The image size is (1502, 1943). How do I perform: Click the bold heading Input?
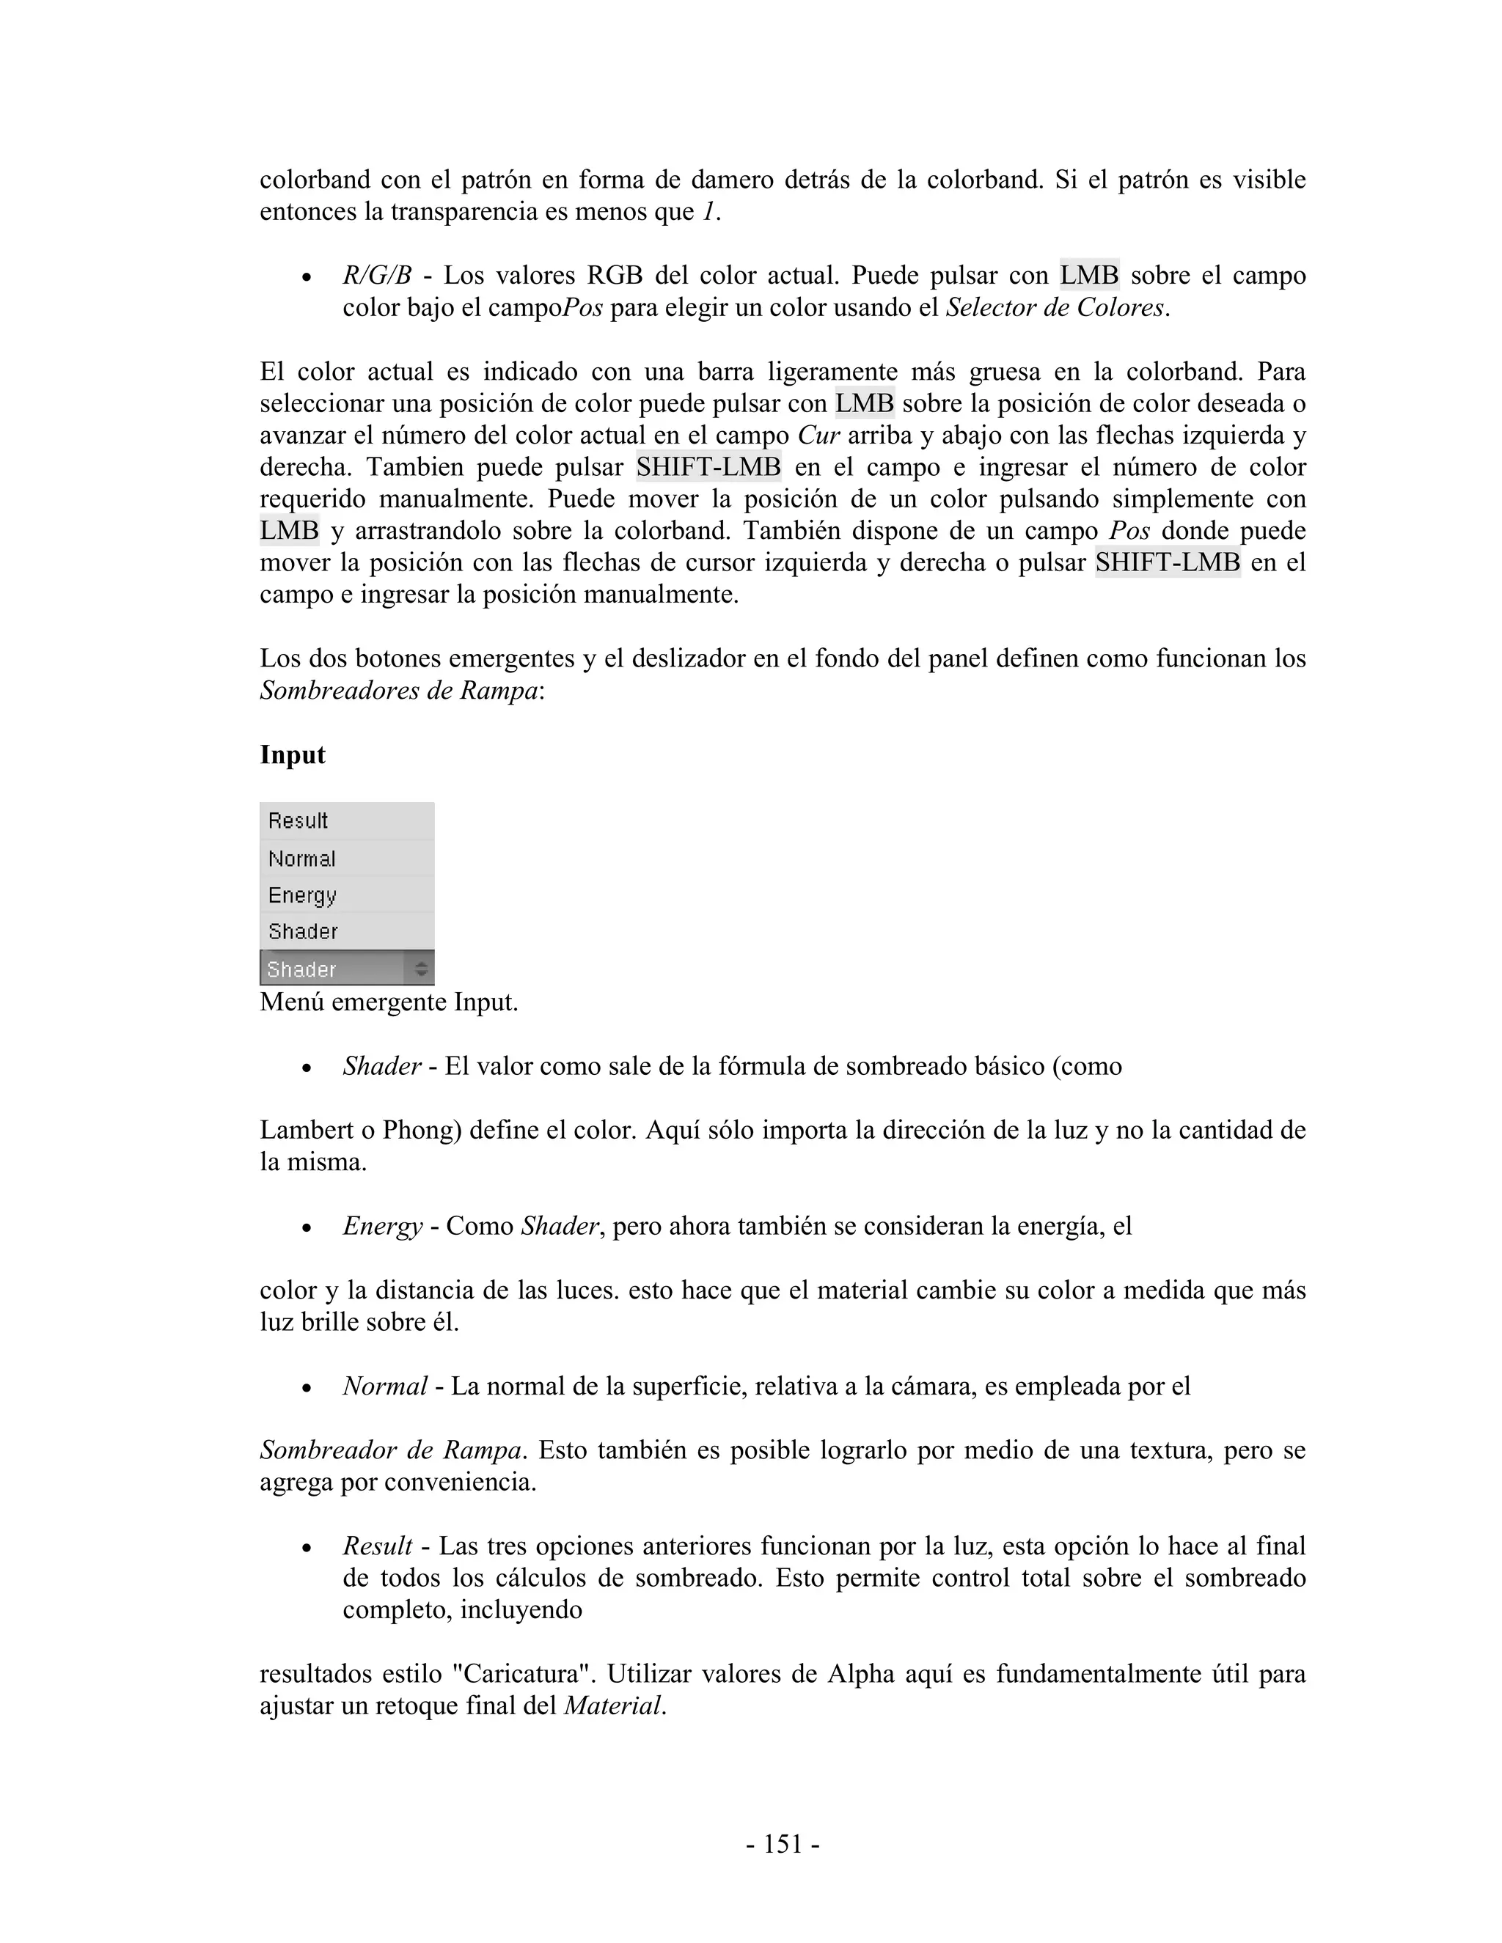292,755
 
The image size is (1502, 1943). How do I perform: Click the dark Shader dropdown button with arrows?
346,969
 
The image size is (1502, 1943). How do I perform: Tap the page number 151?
783,1844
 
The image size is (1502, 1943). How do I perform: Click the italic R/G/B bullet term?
376,276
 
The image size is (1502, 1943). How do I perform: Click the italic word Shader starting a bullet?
381,1067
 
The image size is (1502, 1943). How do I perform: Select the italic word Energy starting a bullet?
383,1227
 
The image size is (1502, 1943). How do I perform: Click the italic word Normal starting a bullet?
384,1387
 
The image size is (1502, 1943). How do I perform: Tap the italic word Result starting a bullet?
377,1547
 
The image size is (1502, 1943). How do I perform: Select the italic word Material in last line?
613,1706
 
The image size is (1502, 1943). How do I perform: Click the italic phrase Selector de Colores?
1055,308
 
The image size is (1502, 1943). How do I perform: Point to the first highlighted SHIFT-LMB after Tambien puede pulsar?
708,467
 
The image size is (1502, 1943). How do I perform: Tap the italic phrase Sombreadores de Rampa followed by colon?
399,691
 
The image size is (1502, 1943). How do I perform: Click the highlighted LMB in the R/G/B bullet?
1088,276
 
